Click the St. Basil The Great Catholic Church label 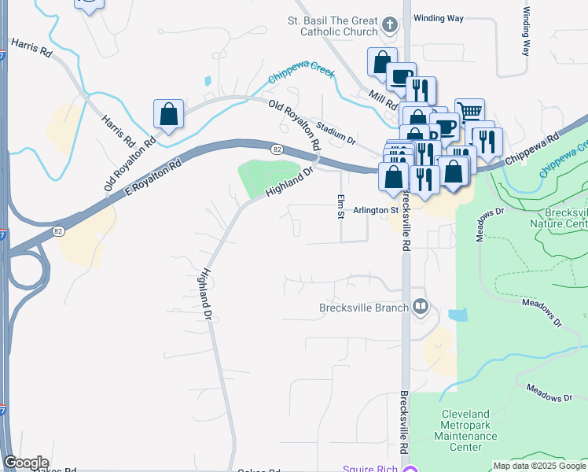333,25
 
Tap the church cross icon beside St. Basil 388,25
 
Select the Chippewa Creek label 301,75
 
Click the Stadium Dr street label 336,131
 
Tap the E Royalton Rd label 153,178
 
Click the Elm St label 341,207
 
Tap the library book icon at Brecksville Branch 421,307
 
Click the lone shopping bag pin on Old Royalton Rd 169,114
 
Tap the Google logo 25,463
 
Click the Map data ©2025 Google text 539,466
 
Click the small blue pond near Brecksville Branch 457,315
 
